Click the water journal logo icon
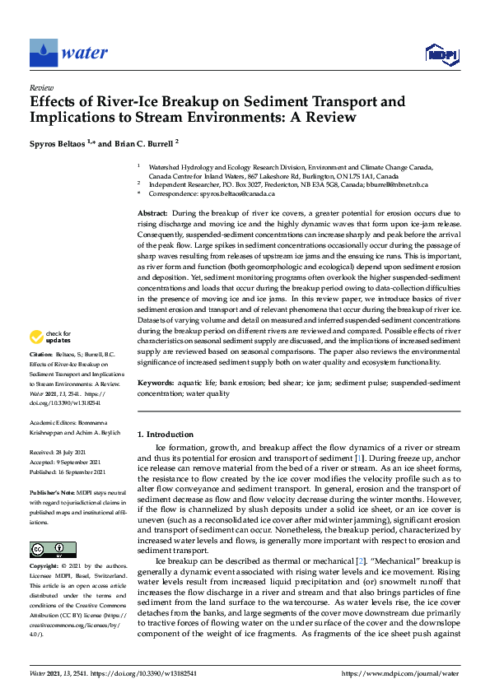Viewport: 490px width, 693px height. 43,53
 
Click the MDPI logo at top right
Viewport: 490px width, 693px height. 442,54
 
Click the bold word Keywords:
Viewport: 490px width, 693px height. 156,383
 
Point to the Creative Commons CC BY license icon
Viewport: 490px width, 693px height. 53,550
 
